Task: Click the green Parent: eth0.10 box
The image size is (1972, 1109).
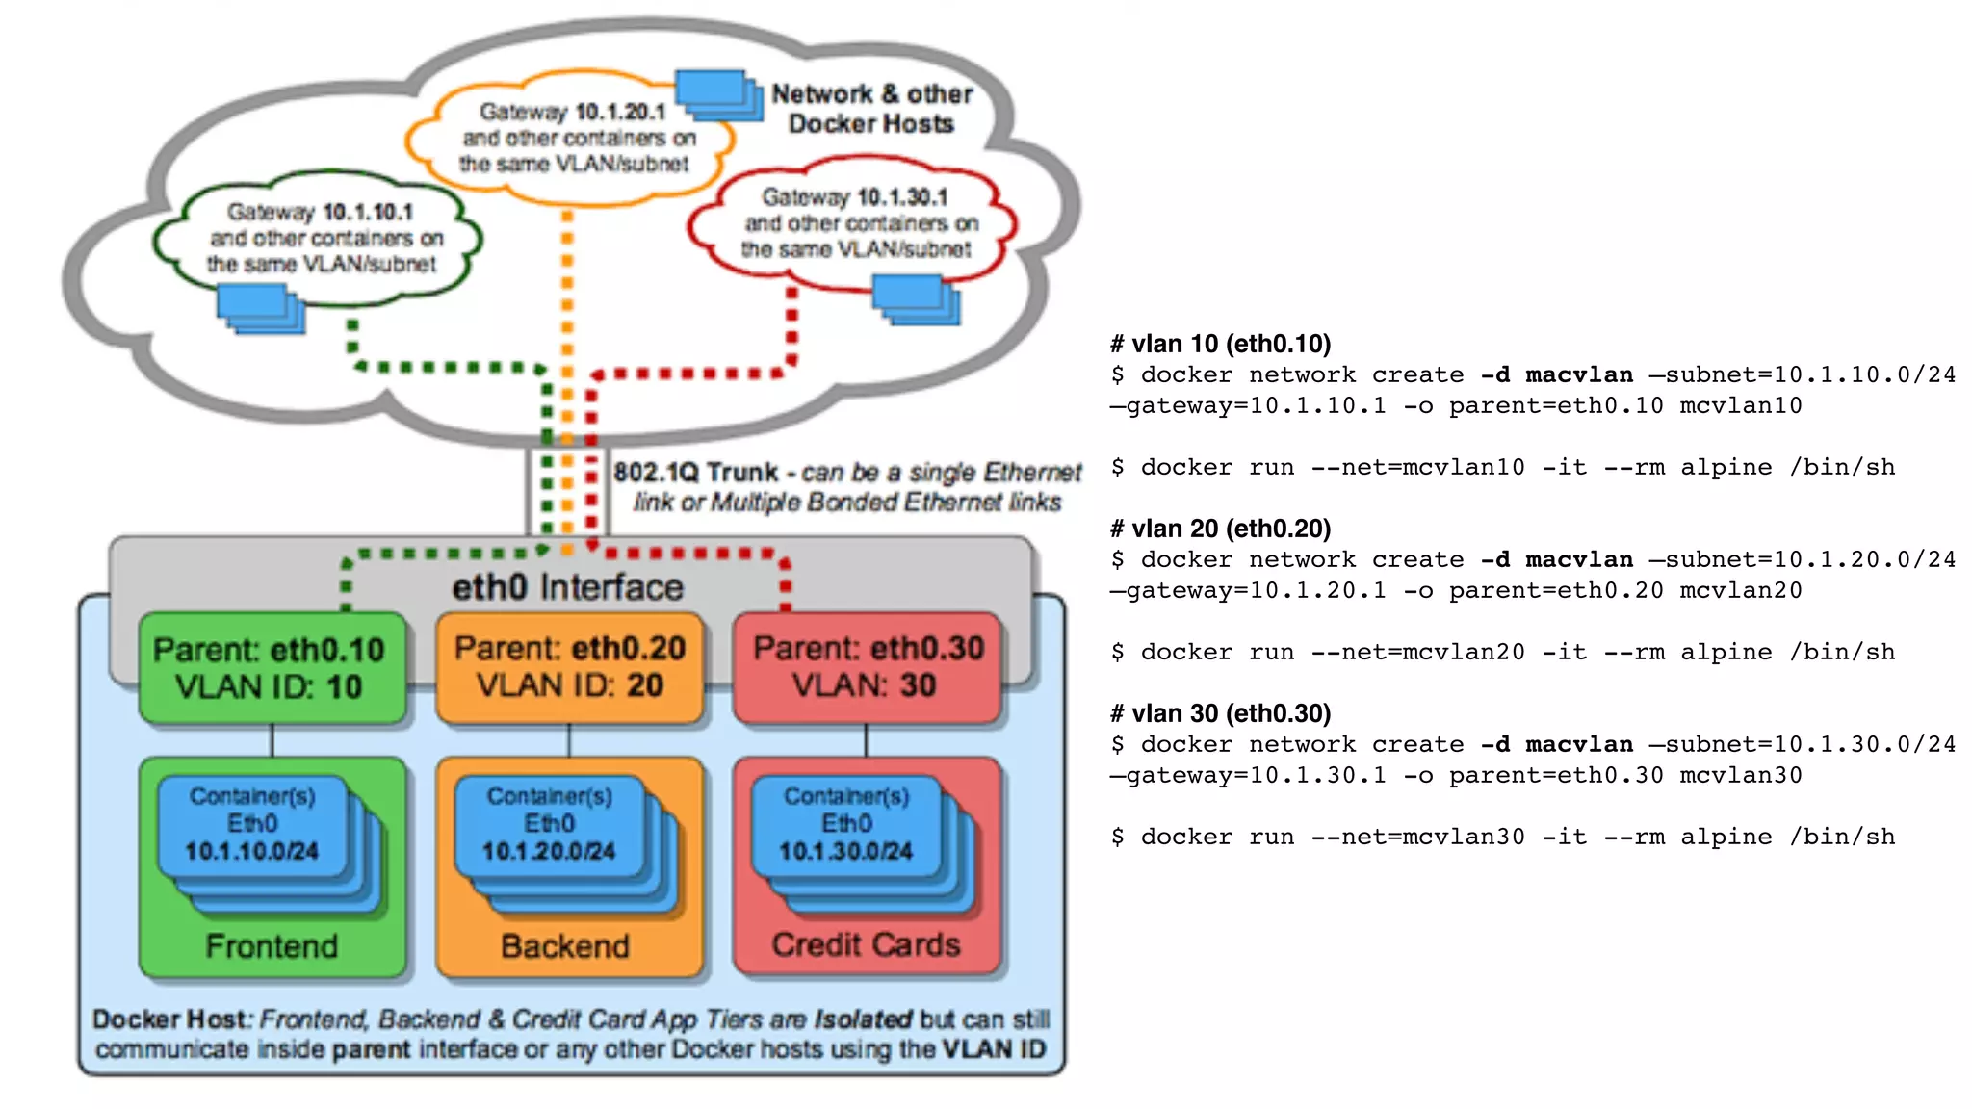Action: pos(271,668)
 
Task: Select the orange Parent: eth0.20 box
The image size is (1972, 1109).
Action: pos(569,666)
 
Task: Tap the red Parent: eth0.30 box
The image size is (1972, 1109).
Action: pos(867,666)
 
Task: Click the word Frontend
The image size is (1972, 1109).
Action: pos(272,946)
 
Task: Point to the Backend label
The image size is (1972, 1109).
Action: pos(565,946)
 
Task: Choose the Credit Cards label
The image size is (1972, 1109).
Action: pos(866,944)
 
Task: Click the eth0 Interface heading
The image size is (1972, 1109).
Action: pos(567,587)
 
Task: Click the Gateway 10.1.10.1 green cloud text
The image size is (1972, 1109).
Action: pos(322,238)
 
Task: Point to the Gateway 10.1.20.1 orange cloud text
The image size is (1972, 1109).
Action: pos(575,138)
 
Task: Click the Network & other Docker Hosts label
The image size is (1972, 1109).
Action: pos(871,109)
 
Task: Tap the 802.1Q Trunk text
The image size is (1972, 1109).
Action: pos(696,473)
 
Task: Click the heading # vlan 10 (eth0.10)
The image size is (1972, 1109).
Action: pos(1221,344)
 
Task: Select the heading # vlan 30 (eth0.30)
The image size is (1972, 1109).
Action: pos(1221,713)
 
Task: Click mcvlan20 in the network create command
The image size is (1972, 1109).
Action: pos(1740,590)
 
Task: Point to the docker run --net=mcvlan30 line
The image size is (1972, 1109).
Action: pos(1502,837)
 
